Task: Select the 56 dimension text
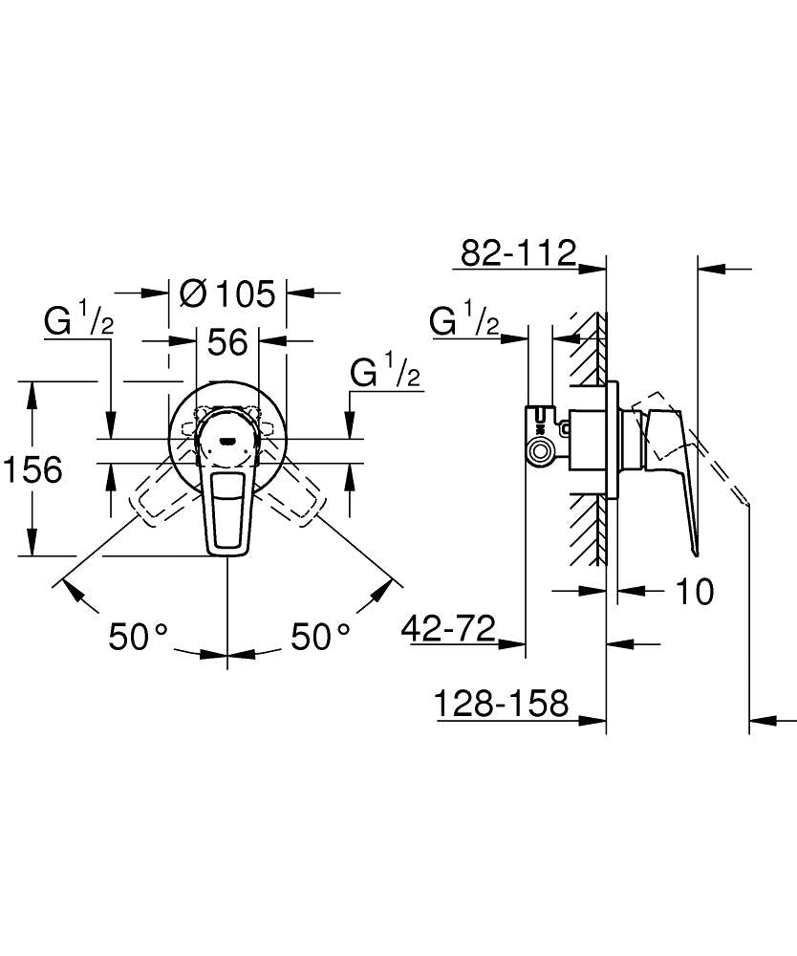tap(227, 341)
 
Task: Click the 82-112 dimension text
tap(518, 253)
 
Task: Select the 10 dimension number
tap(695, 592)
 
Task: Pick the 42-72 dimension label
tap(448, 629)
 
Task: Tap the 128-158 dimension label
tap(502, 705)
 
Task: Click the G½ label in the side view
tap(464, 321)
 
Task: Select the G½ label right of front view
tap(385, 372)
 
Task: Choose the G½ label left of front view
tap(78, 321)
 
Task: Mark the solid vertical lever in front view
tap(227, 507)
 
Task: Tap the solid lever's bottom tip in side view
tap(695, 550)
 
